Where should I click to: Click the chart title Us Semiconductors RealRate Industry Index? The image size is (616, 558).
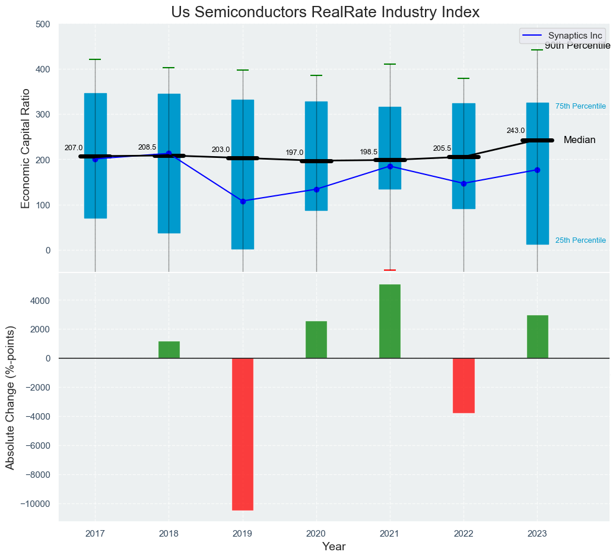[x=325, y=12]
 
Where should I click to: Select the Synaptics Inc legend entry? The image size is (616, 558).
[x=563, y=36]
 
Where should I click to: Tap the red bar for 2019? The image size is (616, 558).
[x=243, y=434]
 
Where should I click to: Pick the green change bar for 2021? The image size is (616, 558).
[x=390, y=321]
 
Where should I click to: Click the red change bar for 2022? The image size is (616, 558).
[x=463, y=385]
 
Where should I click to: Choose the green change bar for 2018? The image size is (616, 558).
[x=169, y=350]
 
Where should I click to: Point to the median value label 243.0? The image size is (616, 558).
[x=515, y=131]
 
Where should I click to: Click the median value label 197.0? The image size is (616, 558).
[x=294, y=153]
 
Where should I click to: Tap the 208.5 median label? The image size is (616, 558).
[x=147, y=147]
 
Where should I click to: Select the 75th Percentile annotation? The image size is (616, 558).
[x=580, y=106]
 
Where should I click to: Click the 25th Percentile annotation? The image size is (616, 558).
[x=580, y=240]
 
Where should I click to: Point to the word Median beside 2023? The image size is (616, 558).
[x=579, y=140]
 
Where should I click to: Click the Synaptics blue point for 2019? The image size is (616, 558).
[x=243, y=201]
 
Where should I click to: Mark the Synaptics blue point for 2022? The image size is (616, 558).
[x=463, y=183]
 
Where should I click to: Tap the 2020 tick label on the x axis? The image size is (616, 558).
[x=316, y=534]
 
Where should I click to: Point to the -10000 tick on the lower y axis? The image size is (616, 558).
[x=37, y=504]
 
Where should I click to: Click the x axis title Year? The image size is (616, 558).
[x=334, y=547]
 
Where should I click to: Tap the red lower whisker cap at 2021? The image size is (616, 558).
[x=390, y=270]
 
